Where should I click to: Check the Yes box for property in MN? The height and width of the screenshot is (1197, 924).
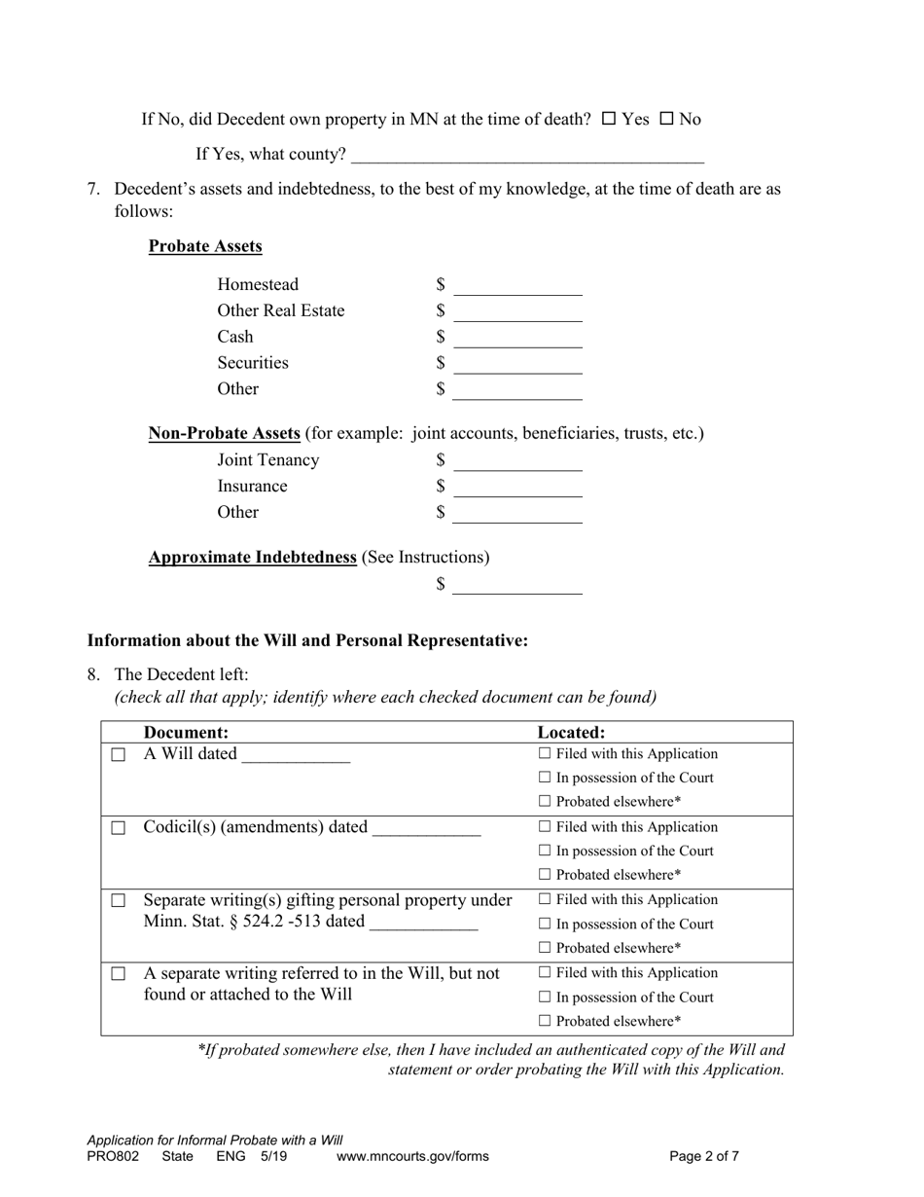point(609,119)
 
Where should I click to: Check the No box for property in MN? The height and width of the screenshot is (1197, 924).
point(667,119)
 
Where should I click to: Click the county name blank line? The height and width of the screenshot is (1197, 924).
point(526,154)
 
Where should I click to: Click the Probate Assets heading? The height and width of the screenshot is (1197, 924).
point(205,246)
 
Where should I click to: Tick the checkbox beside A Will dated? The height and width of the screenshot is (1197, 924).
point(118,755)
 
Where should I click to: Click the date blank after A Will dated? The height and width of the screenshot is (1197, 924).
point(295,755)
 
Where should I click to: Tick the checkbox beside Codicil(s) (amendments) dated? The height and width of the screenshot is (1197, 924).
point(118,828)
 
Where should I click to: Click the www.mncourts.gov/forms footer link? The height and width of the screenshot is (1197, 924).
point(412,1157)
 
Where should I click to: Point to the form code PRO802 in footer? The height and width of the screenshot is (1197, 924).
point(113,1157)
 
